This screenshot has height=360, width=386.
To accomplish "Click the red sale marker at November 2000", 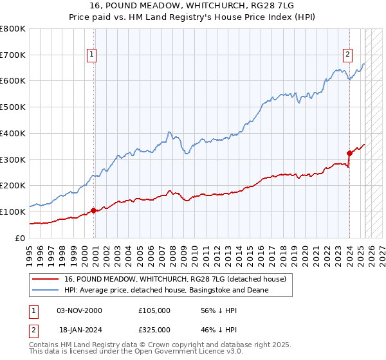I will tap(94, 210).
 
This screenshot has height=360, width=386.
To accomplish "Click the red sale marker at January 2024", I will tap(349, 152).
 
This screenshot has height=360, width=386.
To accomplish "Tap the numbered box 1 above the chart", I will tap(93, 55).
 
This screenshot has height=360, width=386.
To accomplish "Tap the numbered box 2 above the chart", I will tap(347, 55).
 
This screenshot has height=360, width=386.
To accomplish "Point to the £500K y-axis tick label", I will tap(13, 107).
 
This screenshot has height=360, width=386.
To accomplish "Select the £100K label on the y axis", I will tap(13, 212).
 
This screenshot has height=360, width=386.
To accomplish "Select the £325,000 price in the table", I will tap(154, 330).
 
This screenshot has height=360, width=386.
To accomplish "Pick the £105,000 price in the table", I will tap(154, 310).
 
